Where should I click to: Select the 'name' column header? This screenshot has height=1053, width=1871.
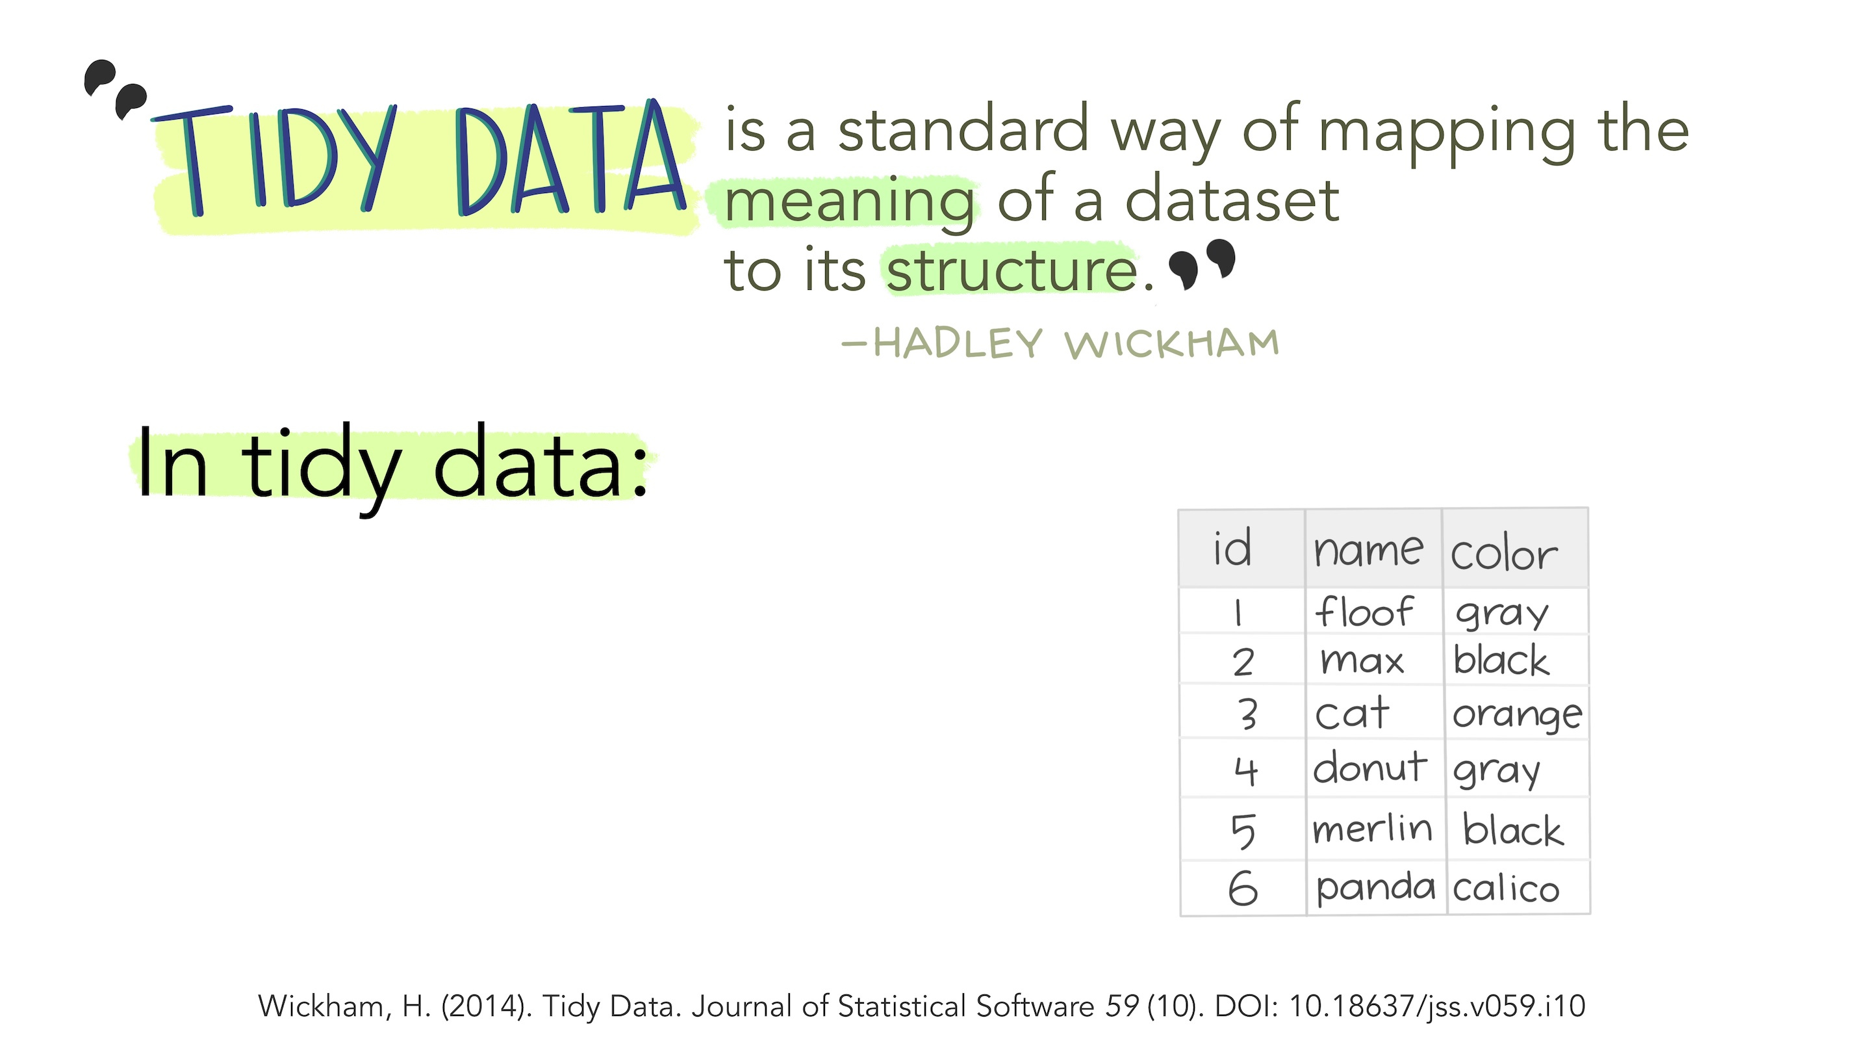(1368, 549)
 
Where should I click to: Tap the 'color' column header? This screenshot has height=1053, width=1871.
(1504, 554)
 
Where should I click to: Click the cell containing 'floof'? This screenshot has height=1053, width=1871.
(1364, 611)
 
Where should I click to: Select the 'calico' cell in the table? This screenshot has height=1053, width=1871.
(1506, 888)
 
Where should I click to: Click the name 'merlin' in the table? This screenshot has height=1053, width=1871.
(1372, 829)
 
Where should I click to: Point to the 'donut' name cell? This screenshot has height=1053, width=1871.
(1370, 768)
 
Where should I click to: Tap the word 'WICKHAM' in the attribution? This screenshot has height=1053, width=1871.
(1172, 344)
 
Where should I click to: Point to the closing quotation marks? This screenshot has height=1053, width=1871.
(1202, 264)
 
